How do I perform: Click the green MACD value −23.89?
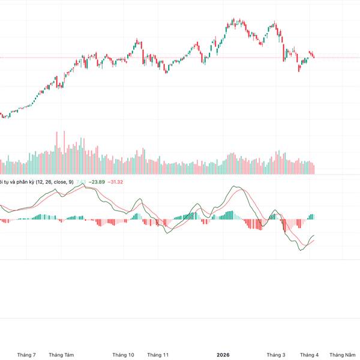click(x=97, y=182)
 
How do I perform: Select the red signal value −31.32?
click(x=115, y=182)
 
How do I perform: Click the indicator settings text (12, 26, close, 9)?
click(x=55, y=182)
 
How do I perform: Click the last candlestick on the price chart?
click(x=313, y=56)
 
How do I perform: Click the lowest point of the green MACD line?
click(x=300, y=250)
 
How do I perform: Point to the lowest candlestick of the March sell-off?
click(x=299, y=69)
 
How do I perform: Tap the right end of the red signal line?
click(x=314, y=241)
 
